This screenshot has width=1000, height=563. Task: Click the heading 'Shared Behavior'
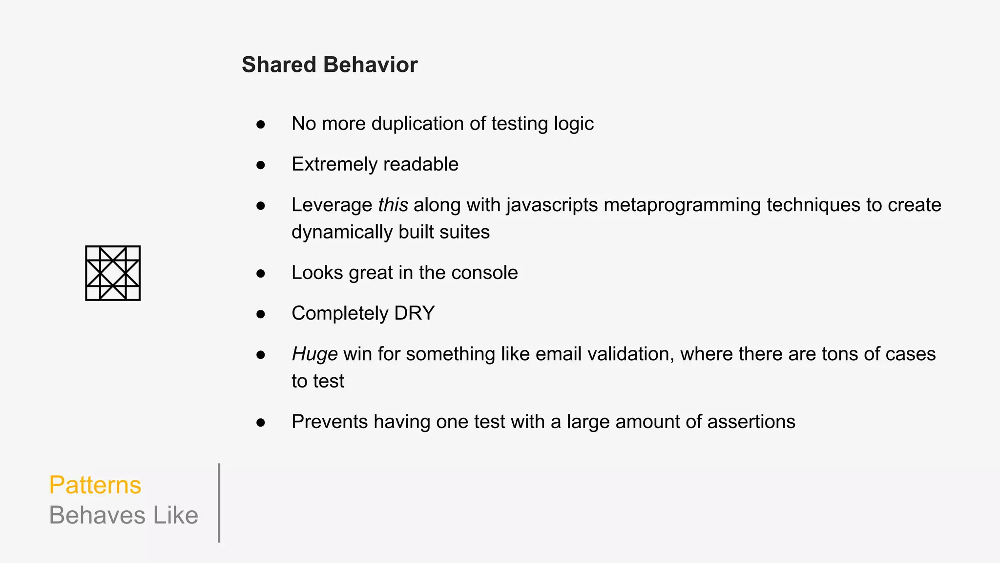(x=330, y=65)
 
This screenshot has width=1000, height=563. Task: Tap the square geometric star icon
(x=113, y=273)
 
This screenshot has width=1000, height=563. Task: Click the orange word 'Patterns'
(x=95, y=485)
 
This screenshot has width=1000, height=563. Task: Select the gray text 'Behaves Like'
(x=124, y=516)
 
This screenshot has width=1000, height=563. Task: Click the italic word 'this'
(x=393, y=205)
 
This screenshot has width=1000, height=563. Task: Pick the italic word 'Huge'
(x=314, y=354)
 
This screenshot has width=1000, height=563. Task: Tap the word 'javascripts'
(x=552, y=205)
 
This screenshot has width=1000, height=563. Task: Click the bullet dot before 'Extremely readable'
(x=261, y=165)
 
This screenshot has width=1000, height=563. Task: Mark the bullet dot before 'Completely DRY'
(x=261, y=314)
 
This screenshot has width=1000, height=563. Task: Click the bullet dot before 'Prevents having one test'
(x=261, y=423)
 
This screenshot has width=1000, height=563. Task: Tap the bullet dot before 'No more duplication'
(x=261, y=125)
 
